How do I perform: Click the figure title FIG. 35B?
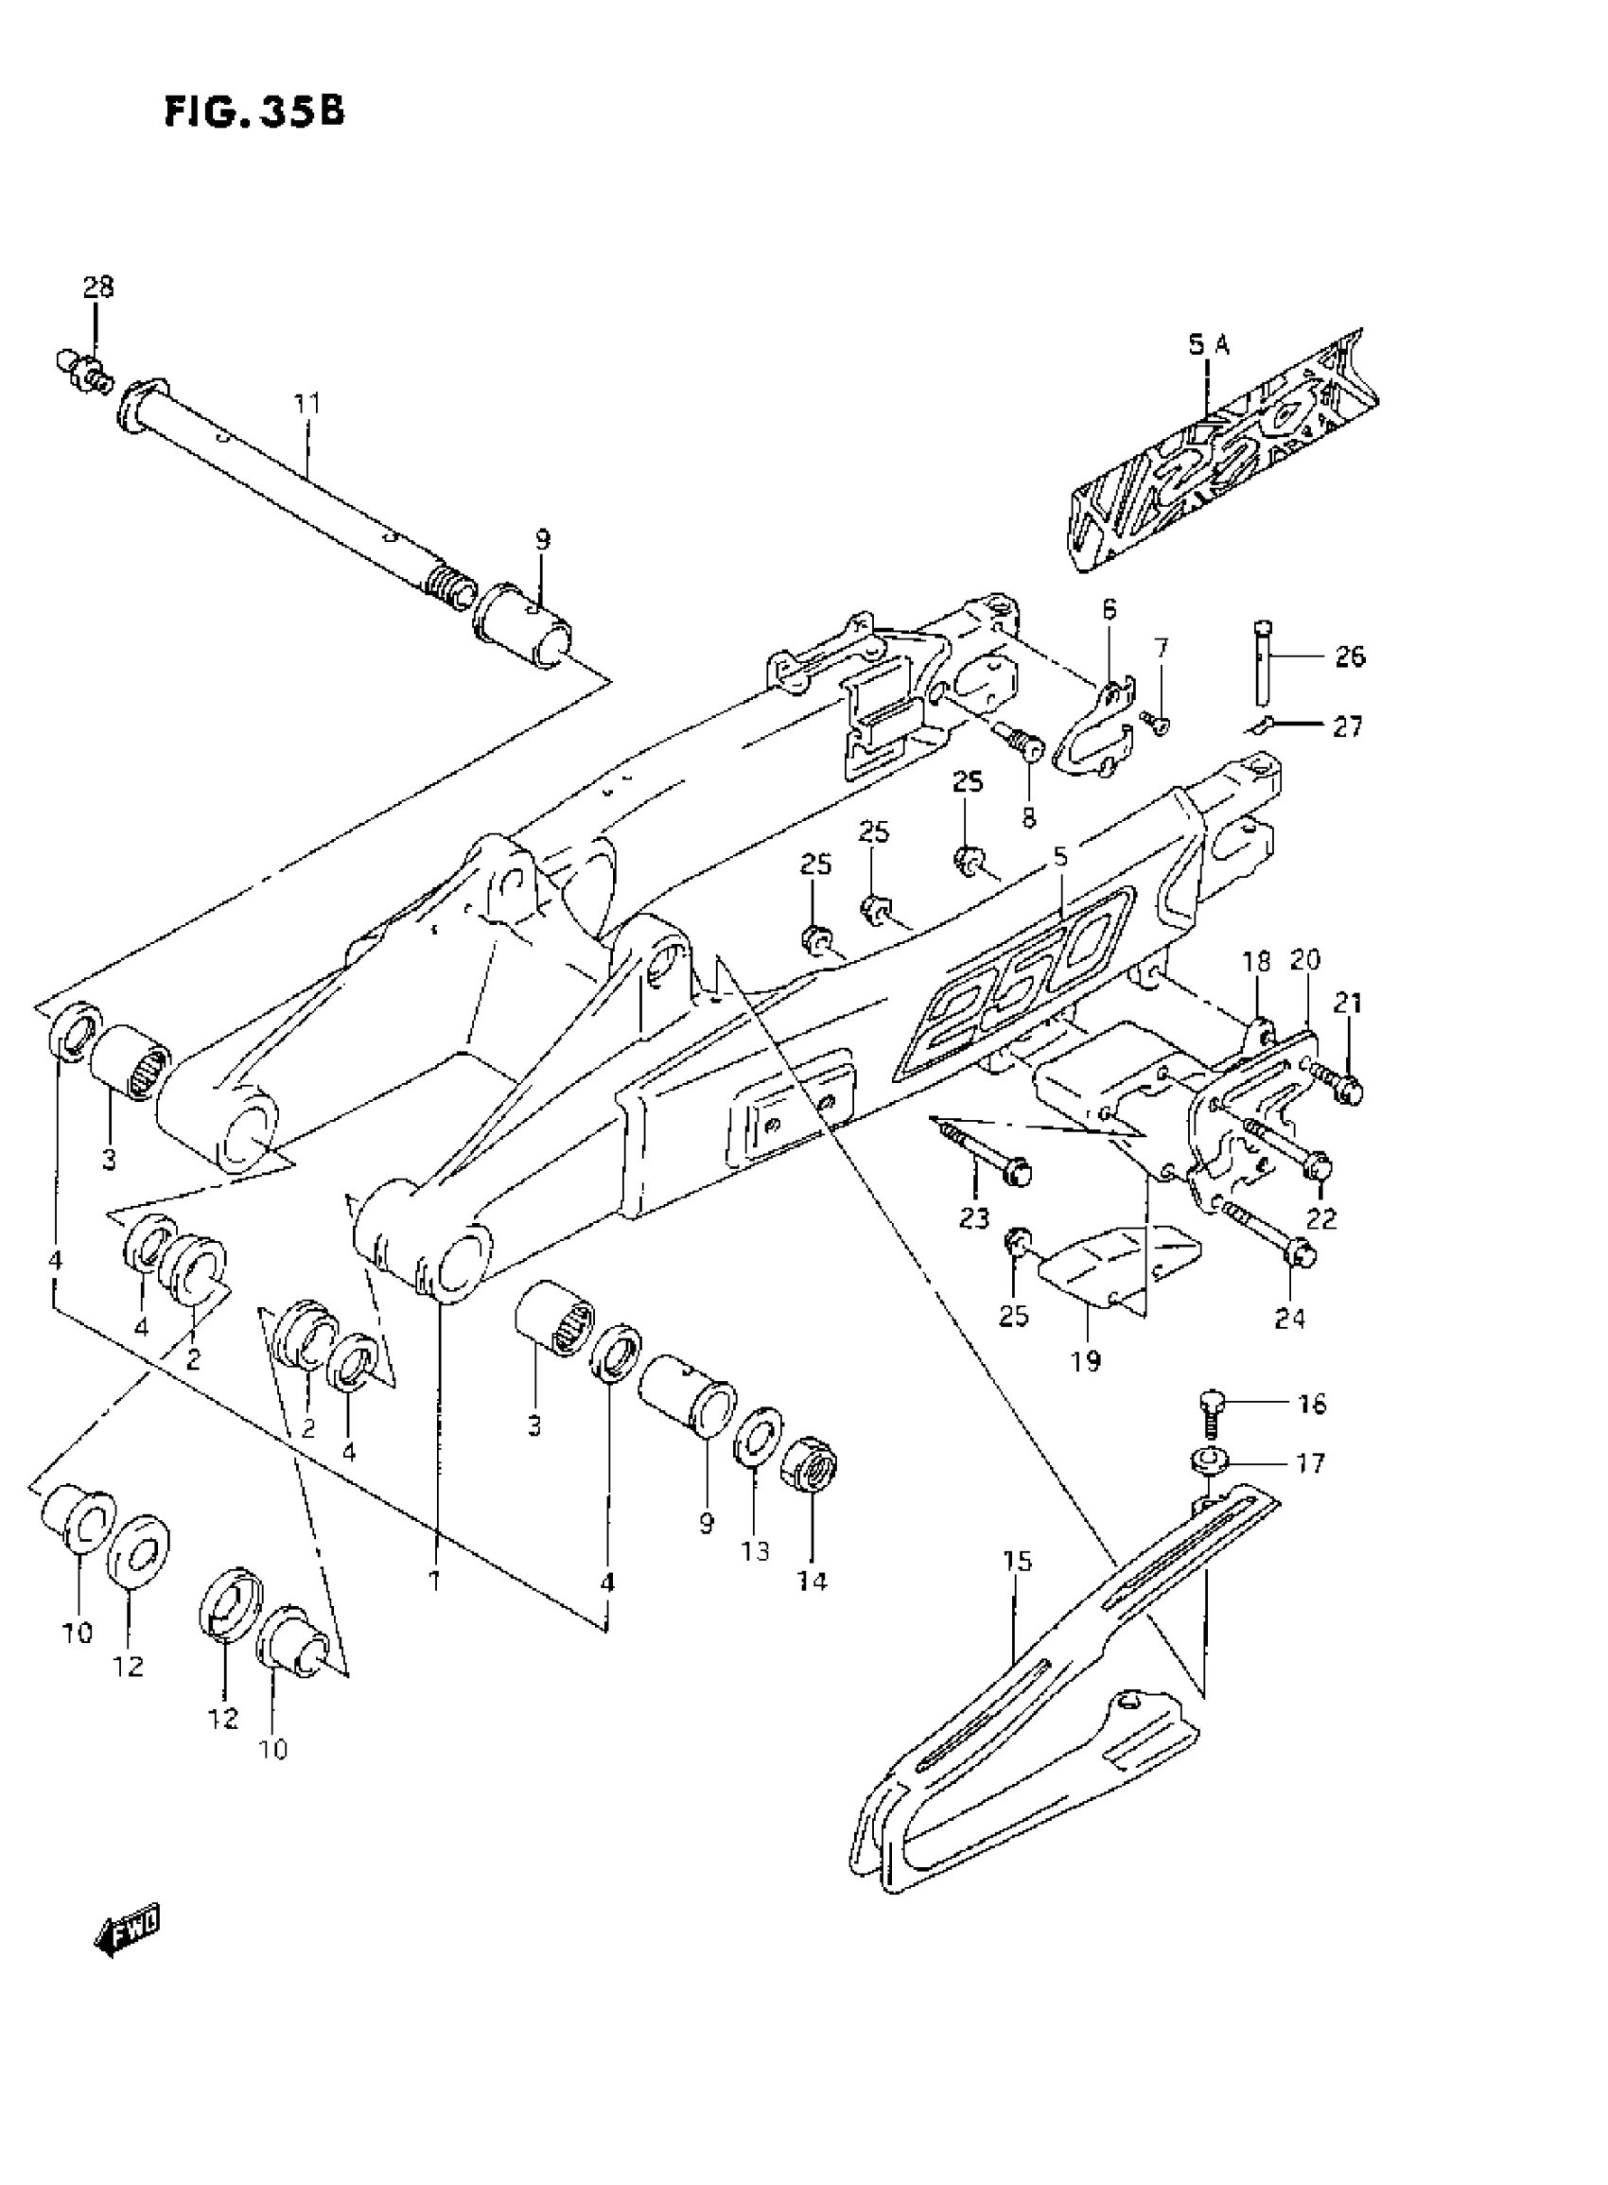coord(254,112)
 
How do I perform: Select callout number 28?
coord(97,287)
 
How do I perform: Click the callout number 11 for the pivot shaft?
coord(307,402)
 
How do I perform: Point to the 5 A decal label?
coord(1208,343)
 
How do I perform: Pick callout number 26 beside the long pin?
coord(1349,656)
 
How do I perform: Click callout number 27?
coord(1347,726)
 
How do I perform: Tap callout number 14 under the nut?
coord(812,1581)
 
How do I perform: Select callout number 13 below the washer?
coord(756,1550)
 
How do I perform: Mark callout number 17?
coord(1311,1463)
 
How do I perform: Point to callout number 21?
coord(1348,1003)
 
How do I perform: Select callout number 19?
coord(1085,1360)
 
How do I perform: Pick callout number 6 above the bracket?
coord(1110,610)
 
